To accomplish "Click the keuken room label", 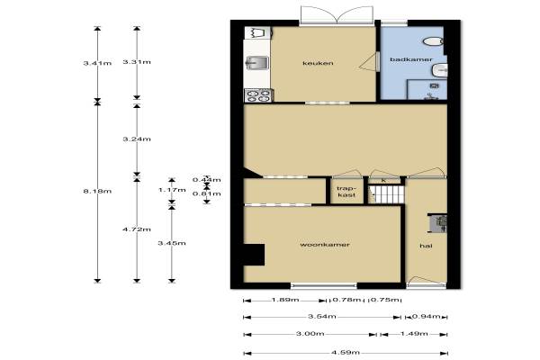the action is (x=318, y=63).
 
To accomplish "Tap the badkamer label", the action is (x=411, y=59).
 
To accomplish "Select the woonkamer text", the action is (x=325, y=245).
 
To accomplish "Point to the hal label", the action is (x=426, y=246).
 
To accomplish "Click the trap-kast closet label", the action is (x=346, y=192).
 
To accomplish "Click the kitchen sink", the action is (x=256, y=63).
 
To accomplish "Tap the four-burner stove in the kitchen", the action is (x=258, y=95).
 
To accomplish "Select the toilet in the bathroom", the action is (x=433, y=41).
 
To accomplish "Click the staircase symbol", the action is (x=386, y=194).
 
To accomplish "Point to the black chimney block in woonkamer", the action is (x=254, y=255).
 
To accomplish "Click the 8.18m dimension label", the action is (x=97, y=191).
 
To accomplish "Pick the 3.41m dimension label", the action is (x=97, y=63).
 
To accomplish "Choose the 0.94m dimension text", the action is (x=426, y=316).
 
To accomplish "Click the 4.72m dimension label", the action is (x=137, y=229).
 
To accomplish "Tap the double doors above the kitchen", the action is (x=337, y=15).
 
